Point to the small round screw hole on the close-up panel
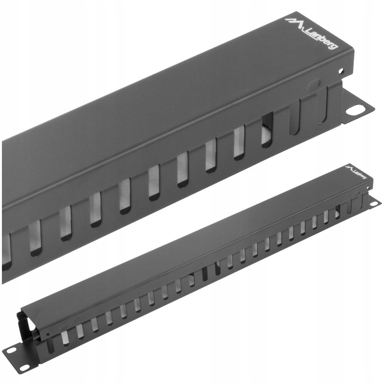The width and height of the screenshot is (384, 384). click(x=340, y=71)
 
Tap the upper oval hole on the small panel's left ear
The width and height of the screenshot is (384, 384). click(x=10, y=350)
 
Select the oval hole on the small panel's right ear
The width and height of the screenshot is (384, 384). click(x=374, y=203)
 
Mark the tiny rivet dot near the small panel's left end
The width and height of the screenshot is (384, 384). click(x=48, y=334)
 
